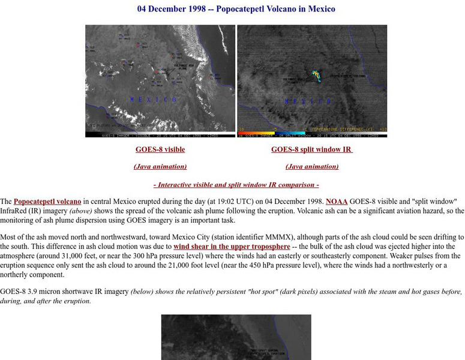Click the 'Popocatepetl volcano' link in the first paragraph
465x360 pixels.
[47, 202]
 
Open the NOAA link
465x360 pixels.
[336, 202]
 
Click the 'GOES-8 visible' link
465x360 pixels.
[160, 149]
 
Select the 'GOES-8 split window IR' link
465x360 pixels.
[311, 149]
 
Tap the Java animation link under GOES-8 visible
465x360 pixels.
[160, 167]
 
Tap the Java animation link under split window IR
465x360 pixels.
[312, 167]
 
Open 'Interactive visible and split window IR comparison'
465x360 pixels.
[236, 185]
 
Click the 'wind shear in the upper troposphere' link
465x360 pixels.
[232, 247]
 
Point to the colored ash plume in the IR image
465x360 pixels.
[316, 75]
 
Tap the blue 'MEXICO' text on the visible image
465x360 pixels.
[153, 99]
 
